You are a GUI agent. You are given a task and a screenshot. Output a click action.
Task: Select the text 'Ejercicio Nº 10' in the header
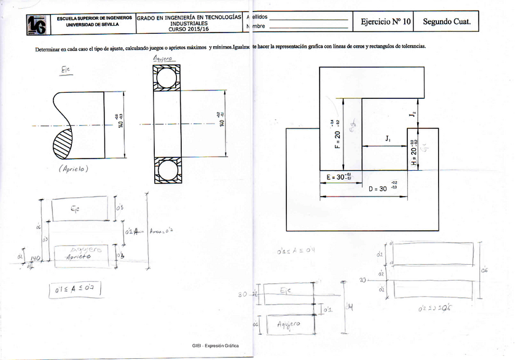385,22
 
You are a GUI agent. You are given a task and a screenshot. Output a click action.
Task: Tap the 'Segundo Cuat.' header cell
447,22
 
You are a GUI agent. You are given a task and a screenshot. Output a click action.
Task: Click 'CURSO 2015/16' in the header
189,28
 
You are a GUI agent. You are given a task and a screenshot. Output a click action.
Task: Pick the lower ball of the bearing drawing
166,169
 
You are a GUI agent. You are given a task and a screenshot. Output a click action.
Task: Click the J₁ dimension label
388,139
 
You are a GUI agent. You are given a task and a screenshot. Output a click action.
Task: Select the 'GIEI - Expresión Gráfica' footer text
214,346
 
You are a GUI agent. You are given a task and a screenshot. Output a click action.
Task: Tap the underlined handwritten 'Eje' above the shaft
66,72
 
